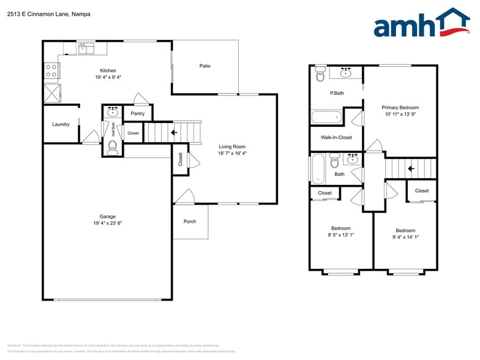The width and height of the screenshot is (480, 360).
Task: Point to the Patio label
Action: (x=204, y=66)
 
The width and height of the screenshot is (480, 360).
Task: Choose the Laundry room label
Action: (x=61, y=124)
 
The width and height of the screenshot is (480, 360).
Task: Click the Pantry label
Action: (x=138, y=113)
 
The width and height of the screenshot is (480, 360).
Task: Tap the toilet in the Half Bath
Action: (x=112, y=146)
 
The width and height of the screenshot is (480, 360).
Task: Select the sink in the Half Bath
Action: (x=113, y=112)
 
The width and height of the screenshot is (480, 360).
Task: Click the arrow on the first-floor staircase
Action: (x=174, y=132)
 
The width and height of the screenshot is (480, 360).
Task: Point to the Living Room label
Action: (x=232, y=146)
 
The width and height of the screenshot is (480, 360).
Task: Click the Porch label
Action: (x=190, y=221)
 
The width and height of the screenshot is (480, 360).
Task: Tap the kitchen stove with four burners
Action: (x=51, y=72)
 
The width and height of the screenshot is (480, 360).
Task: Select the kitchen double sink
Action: (x=85, y=48)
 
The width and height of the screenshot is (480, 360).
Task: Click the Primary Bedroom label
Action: (x=400, y=107)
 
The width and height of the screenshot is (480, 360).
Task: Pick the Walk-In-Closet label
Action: (x=336, y=138)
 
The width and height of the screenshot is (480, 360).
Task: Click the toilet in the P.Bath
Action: (x=320, y=75)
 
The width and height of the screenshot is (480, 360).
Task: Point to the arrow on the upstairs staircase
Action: (x=411, y=168)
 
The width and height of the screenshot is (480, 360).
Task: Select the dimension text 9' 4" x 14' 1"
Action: (x=405, y=237)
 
